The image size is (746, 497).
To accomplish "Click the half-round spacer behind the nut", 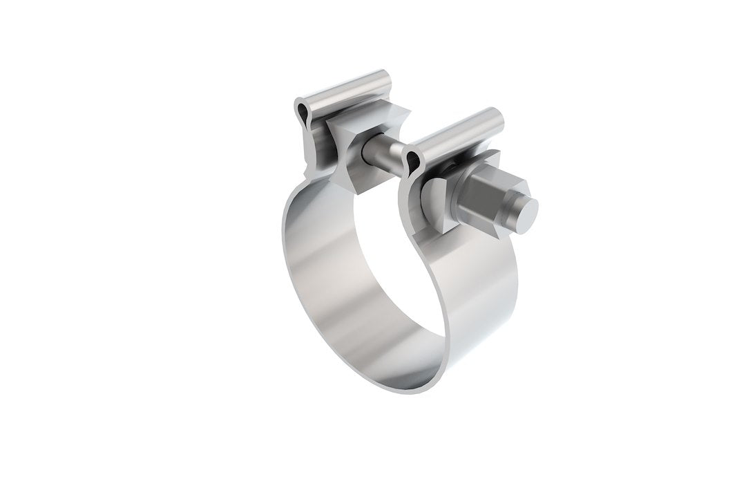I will [433, 200].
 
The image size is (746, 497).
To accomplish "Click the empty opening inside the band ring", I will [387, 276].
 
